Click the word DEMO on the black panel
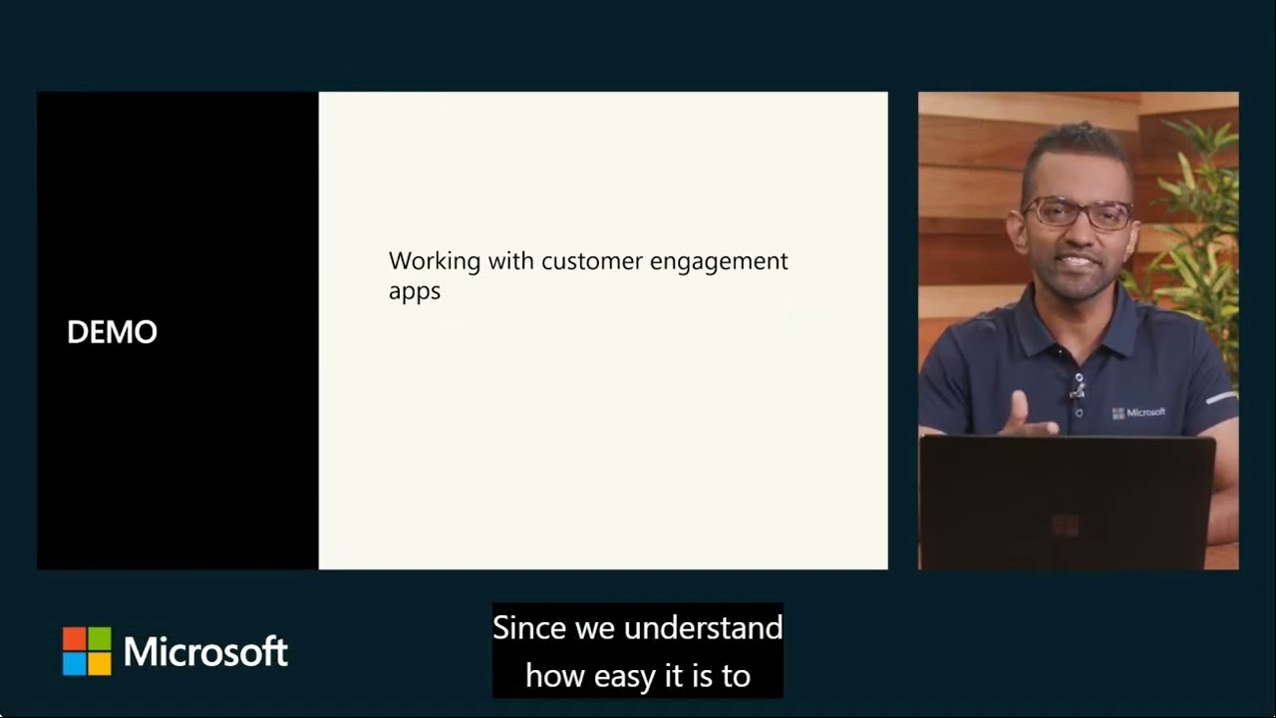(x=112, y=332)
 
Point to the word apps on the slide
(x=414, y=293)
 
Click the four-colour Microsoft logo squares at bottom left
(x=87, y=651)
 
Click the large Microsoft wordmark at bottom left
(x=205, y=652)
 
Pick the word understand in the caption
(x=703, y=628)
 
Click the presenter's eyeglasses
(x=1077, y=211)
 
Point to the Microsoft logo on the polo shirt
(x=1138, y=412)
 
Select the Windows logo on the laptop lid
(x=1065, y=525)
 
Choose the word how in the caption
(x=555, y=676)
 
